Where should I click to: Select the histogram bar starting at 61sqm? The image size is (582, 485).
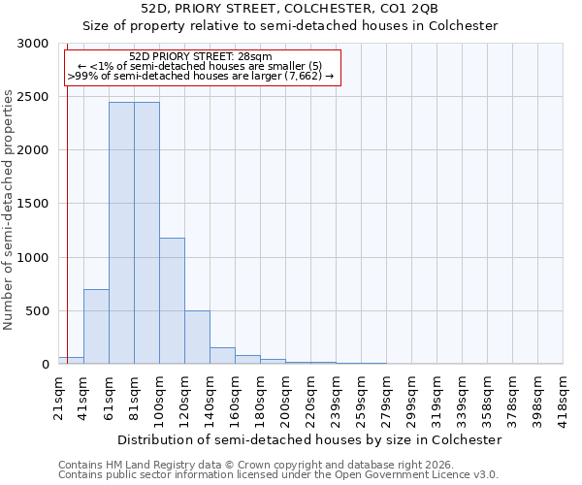coord(121,233)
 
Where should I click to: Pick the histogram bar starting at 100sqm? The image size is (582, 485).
coord(172,301)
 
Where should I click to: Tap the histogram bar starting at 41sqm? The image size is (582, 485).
coord(96,326)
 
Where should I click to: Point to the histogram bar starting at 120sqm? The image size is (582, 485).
coord(197,338)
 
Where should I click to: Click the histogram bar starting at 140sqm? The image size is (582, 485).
coord(222,355)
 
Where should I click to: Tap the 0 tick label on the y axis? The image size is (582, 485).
coord(45,365)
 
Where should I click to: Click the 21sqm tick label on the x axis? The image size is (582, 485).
coord(58,396)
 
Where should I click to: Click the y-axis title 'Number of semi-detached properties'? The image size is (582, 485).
coord(10,210)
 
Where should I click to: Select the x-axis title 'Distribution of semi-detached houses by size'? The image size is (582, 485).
coord(308,439)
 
